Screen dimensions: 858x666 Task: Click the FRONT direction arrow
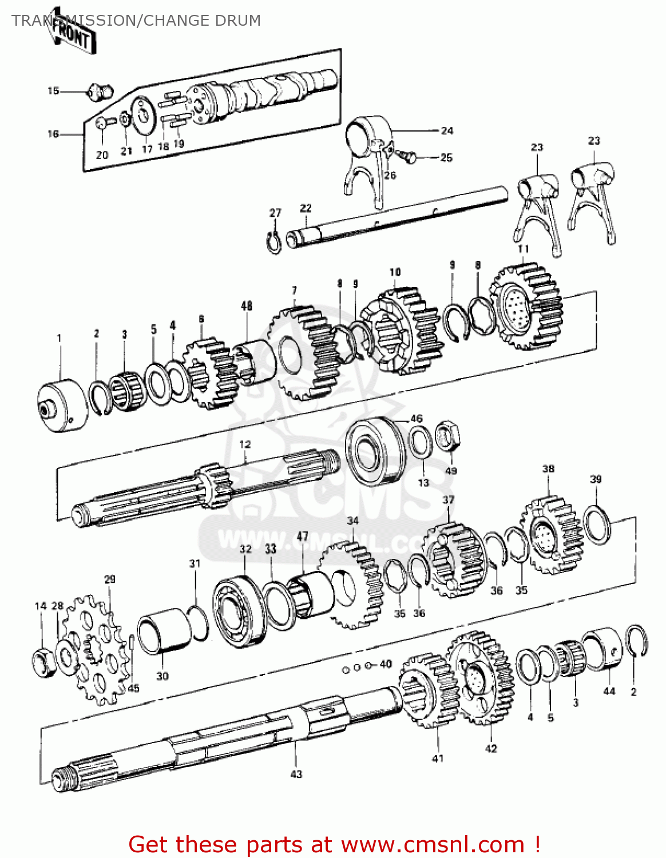tap(72, 35)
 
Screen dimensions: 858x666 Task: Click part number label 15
tap(53, 91)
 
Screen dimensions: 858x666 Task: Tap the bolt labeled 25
tap(409, 156)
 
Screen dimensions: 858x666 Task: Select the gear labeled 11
tap(526, 309)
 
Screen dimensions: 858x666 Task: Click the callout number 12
tap(245, 444)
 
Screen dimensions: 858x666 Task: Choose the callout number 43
tap(296, 774)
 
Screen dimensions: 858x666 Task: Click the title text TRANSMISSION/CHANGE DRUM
tap(136, 21)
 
